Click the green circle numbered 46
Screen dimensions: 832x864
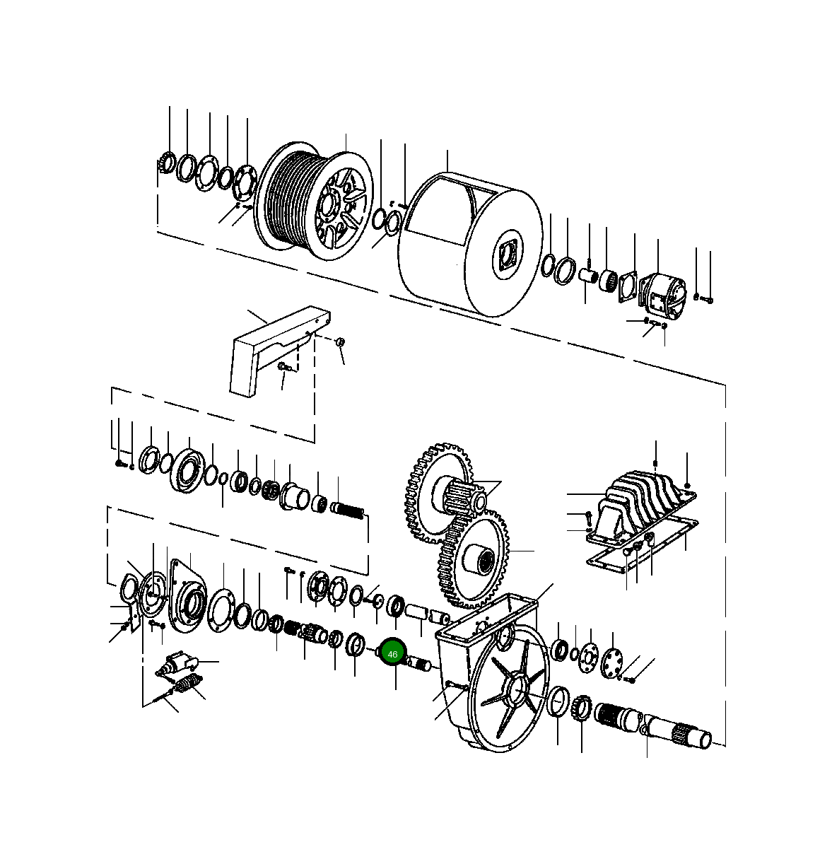pyautogui.click(x=392, y=654)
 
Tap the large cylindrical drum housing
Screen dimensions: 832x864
pyautogui.click(x=471, y=245)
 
